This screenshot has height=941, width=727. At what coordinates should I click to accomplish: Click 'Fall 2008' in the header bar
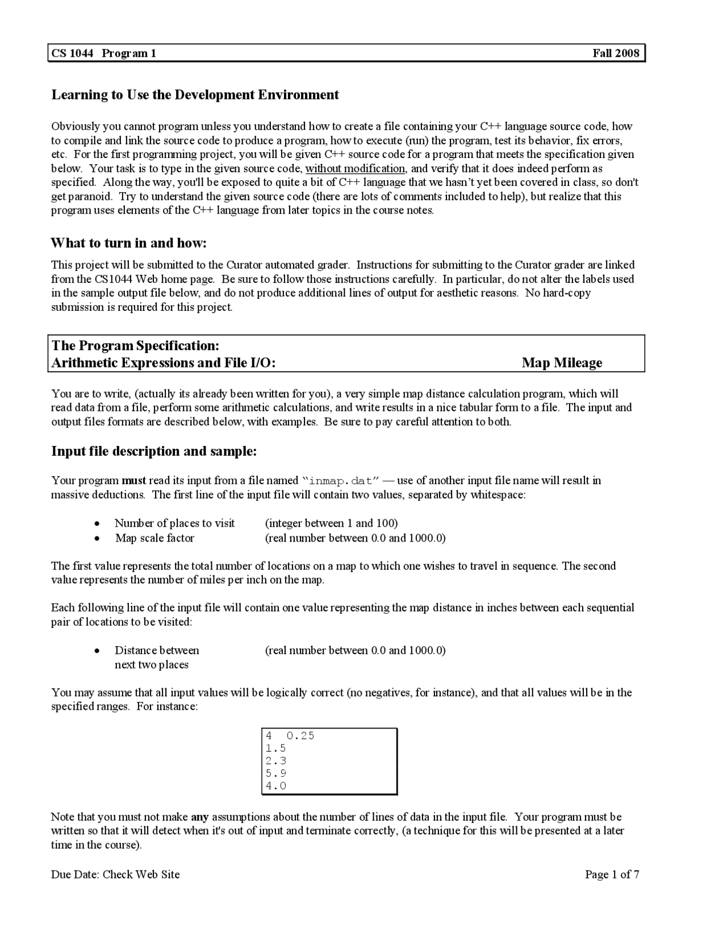point(616,53)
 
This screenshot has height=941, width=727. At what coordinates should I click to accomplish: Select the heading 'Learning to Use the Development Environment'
point(195,95)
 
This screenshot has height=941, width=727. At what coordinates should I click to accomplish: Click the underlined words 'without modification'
point(355,169)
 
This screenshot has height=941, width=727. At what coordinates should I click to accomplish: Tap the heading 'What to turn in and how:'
point(128,243)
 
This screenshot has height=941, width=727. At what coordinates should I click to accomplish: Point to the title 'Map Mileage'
point(562,363)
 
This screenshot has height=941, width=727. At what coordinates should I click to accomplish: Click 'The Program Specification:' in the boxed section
point(135,345)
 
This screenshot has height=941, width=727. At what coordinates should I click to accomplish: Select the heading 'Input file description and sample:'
point(154,451)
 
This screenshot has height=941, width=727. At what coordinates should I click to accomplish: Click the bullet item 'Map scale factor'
point(154,538)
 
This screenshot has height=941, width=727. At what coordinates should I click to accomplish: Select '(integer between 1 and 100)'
point(331,523)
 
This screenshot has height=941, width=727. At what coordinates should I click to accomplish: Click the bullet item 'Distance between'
point(157,651)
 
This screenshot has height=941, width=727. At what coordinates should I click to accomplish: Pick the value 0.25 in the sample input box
point(300,736)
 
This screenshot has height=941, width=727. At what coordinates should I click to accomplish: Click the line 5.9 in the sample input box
point(276,773)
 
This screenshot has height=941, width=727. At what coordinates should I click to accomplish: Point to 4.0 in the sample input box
point(276,786)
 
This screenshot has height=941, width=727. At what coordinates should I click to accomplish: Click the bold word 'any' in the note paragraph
point(200,817)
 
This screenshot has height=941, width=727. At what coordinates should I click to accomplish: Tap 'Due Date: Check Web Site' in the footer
point(115,875)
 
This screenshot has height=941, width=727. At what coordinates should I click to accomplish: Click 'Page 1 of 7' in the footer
point(612,875)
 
